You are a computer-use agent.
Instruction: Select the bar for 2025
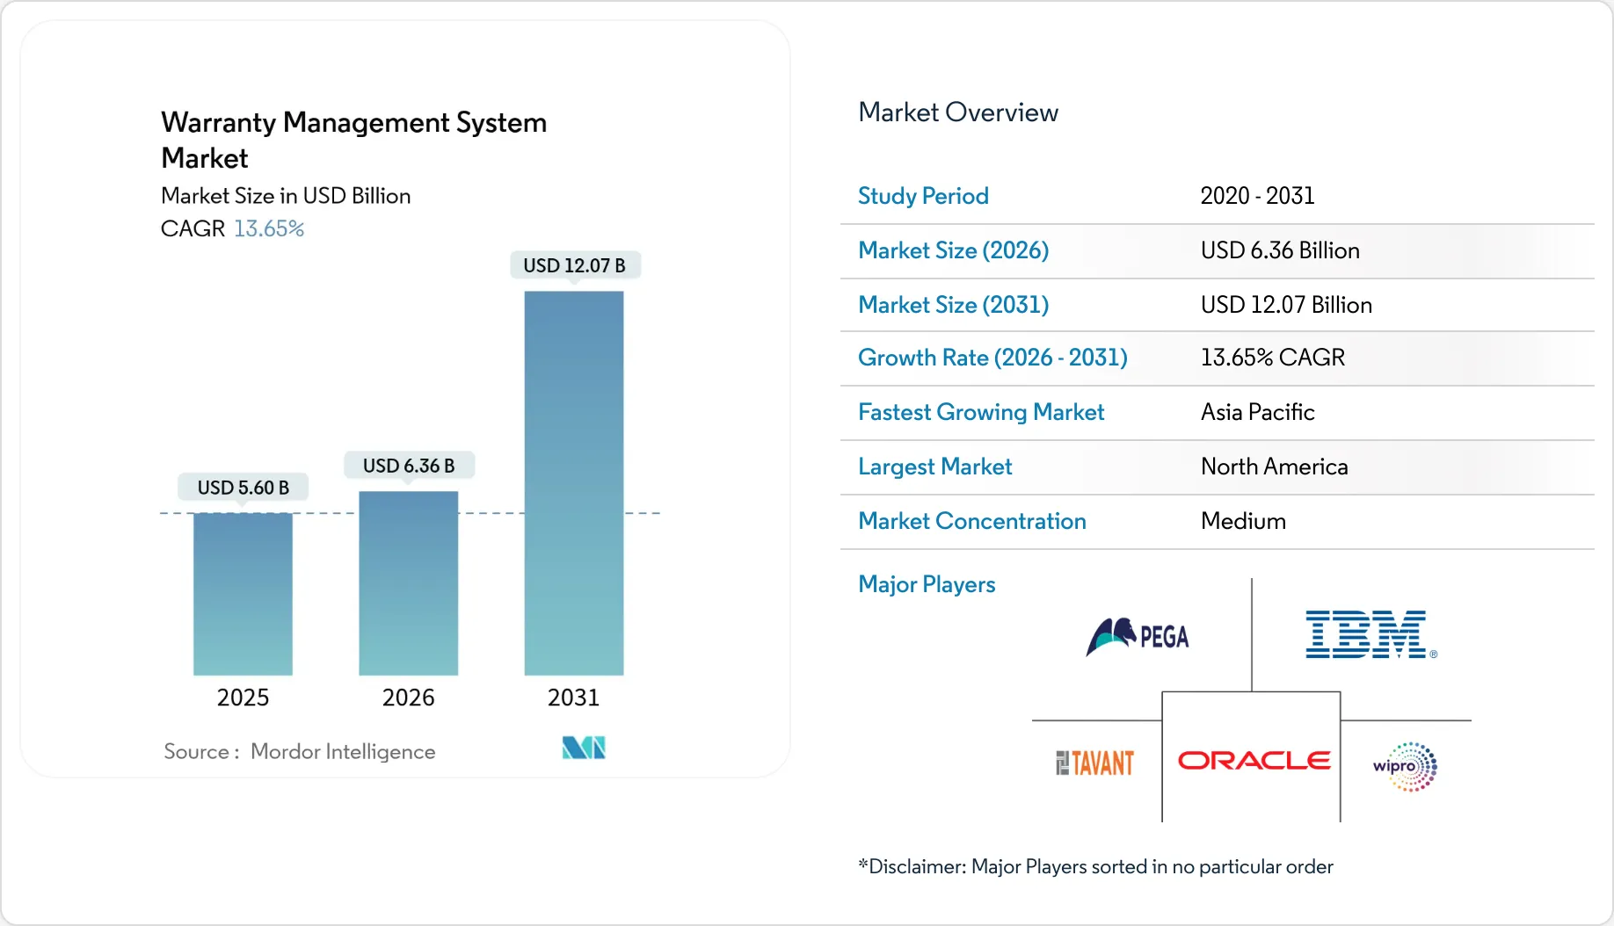(x=243, y=594)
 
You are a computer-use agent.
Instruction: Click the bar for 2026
(x=408, y=583)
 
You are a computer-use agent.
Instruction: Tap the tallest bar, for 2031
(x=573, y=483)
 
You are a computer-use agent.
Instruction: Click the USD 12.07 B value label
(x=574, y=265)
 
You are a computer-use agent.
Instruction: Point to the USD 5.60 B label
(x=243, y=488)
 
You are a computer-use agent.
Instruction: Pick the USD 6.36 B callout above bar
(x=409, y=466)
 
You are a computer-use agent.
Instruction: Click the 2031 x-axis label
(x=573, y=698)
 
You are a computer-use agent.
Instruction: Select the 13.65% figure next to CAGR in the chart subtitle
(x=269, y=228)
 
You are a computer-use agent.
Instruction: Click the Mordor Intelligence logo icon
(x=584, y=748)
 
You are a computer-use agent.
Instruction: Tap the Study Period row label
(x=923, y=196)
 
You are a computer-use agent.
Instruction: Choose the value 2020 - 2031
(x=1257, y=196)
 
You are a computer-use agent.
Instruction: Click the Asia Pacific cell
(x=1257, y=412)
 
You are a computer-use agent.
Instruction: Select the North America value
(x=1274, y=467)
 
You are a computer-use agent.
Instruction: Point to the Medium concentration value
(x=1243, y=521)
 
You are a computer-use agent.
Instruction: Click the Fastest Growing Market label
(x=981, y=412)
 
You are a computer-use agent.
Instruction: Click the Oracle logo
(x=1254, y=760)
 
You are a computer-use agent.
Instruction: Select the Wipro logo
(x=1405, y=766)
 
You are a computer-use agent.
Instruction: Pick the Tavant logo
(x=1094, y=763)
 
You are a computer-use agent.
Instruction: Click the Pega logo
(x=1138, y=636)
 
